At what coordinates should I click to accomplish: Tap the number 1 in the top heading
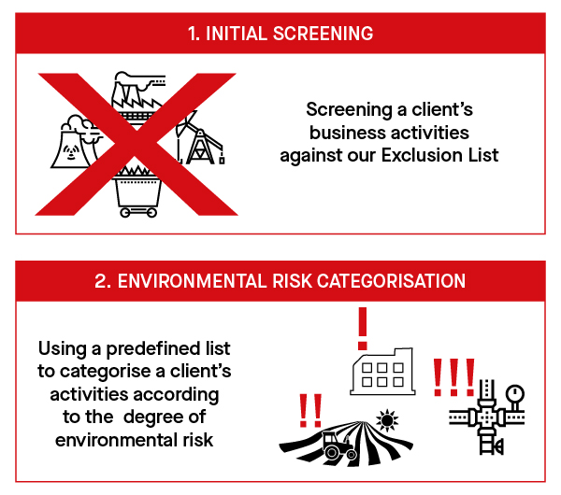tap(193, 34)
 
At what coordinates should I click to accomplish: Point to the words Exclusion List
tap(447, 154)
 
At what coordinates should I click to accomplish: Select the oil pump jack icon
tap(202, 141)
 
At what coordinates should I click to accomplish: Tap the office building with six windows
tap(378, 371)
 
